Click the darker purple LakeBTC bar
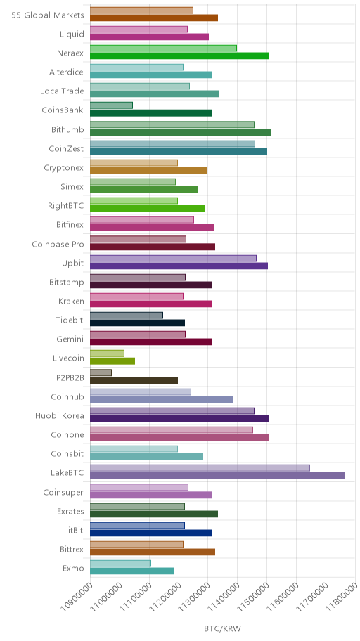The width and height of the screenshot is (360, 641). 217,475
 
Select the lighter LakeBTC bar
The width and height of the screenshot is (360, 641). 200,468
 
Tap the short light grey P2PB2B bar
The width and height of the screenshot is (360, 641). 101,373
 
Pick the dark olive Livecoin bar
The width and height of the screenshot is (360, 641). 112,361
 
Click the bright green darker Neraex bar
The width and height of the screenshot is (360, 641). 179,56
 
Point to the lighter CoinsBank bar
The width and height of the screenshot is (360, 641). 111,105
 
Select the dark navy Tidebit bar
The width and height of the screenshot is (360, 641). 137,323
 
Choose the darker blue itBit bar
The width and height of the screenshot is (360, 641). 151,533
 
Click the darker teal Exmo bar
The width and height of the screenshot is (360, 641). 132,571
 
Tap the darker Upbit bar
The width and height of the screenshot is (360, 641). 179,266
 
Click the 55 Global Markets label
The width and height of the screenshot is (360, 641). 48,15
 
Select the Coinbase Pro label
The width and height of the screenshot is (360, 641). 58,244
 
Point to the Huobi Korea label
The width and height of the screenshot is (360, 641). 60,416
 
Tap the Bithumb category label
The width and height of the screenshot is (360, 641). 67,129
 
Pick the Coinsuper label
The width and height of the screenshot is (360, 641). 63,493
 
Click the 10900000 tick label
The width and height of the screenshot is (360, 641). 76,597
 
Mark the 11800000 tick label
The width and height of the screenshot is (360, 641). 341,597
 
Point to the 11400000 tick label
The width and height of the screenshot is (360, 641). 224,597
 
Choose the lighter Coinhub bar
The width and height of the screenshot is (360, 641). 141,391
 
